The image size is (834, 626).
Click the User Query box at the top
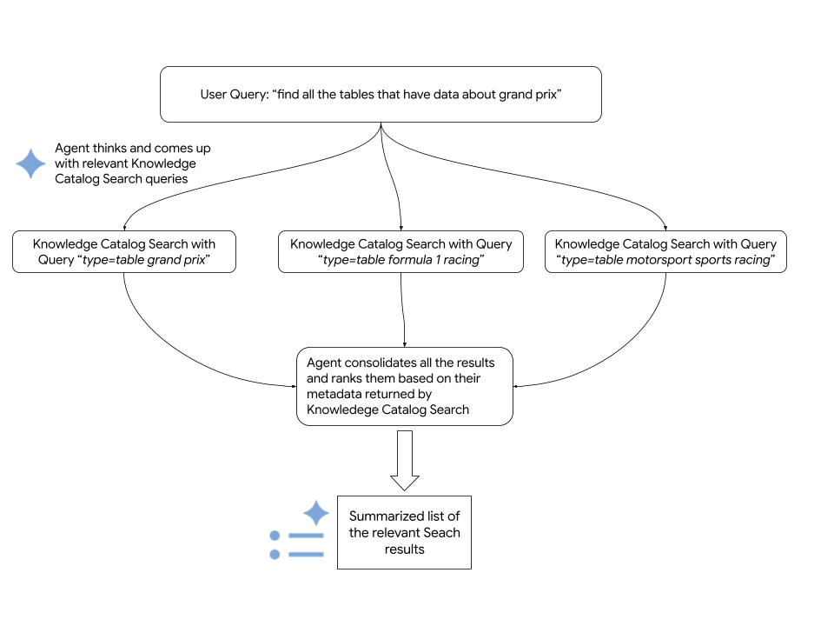(x=381, y=94)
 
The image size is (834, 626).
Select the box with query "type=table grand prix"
(x=124, y=252)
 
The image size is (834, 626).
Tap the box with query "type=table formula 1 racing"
(x=400, y=252)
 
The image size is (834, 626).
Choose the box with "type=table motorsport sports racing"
(x=665, y=252)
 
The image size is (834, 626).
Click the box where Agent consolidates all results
(x=404, y=386)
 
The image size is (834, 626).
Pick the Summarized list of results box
(x=404, y=533)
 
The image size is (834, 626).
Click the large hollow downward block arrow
(x=404, y=461)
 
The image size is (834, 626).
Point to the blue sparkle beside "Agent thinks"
(x=31, y=163)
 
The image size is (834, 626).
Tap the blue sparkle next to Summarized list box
(x=315, y=512)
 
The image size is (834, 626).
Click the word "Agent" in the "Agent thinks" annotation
(x=73, y=149)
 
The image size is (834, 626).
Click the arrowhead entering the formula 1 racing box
(x=400, y=227)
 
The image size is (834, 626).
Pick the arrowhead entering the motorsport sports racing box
(x=665, y=227)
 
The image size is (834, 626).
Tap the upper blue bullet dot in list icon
(x=275, y=536)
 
